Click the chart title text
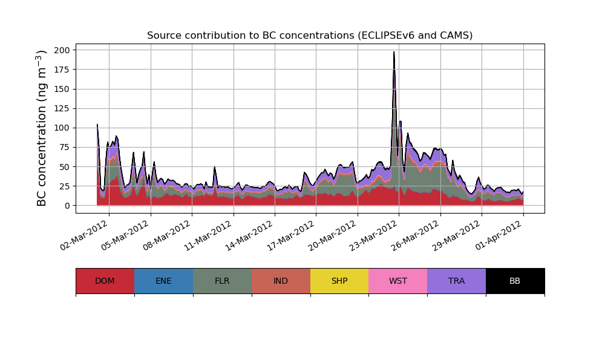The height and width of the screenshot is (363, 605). [x=310, y=36]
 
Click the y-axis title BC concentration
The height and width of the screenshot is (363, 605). [x=42, y=128]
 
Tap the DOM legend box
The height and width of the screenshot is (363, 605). [x=105, y=281]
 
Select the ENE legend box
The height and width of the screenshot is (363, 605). [x=163, y=281]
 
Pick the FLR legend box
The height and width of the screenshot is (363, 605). [x=222, y=281]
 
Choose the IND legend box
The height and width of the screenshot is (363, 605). [x=281, y=281]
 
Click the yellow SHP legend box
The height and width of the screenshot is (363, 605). [x=339, y=281]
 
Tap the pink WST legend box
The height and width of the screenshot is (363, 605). [x=398, y=281]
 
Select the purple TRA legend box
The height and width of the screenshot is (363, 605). [x=457, y=281]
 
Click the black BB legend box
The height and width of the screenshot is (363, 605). [x=515, y=281]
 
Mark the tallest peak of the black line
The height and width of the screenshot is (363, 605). [x=394, y=52]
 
